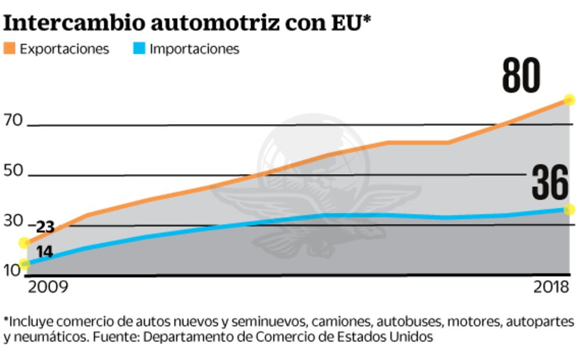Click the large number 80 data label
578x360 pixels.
point(521,76)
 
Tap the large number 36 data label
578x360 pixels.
point(550,182)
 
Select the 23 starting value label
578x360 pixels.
point(45,228)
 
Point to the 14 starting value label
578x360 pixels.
point(45,252)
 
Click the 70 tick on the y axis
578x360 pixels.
point(13,121)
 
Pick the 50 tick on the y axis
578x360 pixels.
point(13,171)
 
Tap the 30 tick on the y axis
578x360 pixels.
point(13,221)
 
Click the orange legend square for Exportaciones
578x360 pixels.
point(10,48)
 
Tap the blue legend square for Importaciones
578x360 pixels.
point(140,48)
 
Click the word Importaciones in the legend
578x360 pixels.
point(194,49)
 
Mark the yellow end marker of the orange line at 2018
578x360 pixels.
point(569,100)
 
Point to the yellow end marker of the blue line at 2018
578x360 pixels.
point(569,210)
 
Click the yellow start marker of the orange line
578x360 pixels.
point(24,243)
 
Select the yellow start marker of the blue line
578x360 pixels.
point(24,264)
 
